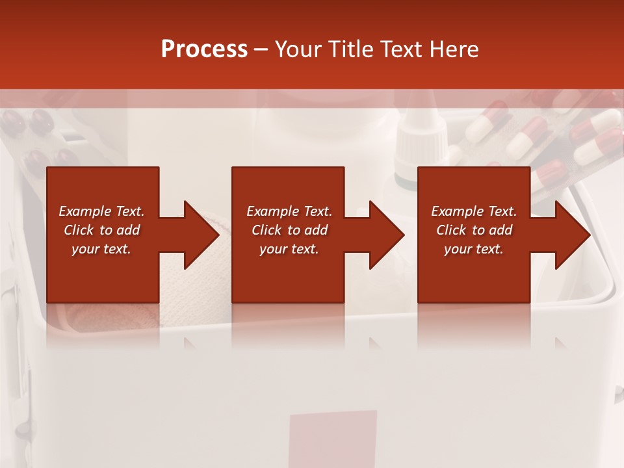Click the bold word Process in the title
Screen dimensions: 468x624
point(204,49)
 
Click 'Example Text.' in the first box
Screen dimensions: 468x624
point(101,211)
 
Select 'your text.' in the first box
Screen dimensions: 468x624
point(101,249)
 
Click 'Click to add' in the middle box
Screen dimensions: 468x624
point(289,230)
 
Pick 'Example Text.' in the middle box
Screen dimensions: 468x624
point(289,211)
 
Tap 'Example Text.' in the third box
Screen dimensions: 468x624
point(474,211)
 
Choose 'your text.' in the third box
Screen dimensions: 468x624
point(474,249)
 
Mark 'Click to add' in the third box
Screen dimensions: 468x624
point(474,230)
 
